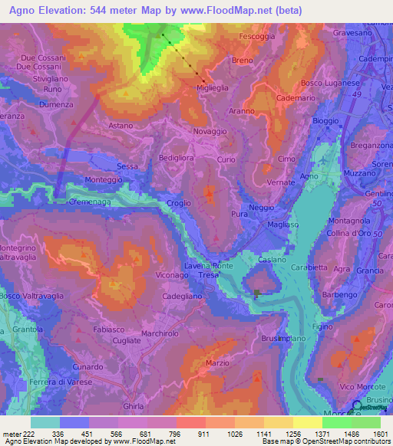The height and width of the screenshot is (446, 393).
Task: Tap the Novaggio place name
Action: click(210, 132)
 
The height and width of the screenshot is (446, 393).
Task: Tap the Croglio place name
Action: click(180, 203)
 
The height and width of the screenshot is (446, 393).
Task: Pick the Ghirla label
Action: click(133, 407)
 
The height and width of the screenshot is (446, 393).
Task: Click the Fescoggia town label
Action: click(256, 36)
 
